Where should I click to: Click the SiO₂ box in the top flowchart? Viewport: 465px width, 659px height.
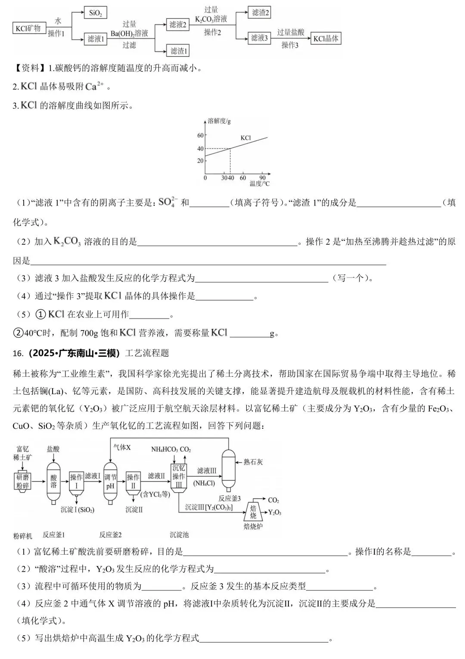[x=95, y=13]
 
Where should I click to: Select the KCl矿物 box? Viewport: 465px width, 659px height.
[x=28, y=28]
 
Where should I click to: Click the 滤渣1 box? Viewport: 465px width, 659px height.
[x=179, y=51]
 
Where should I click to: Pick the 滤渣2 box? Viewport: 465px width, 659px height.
[x=260, y=12]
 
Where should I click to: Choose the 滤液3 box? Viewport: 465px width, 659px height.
[x=259, y=38]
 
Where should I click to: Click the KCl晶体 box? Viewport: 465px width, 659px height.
[x=325, y=38]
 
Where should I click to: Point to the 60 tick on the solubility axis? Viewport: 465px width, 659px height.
[x=200, y=135]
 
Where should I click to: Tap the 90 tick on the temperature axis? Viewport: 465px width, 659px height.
[x=263, y=178]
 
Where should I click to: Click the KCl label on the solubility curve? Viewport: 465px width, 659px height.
[x=245, y=138]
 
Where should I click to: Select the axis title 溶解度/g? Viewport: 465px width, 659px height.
[x=219, y=121]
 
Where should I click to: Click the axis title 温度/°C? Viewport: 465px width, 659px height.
[x=260, y=184]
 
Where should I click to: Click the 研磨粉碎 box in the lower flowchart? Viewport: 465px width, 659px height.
[x=23, y=481]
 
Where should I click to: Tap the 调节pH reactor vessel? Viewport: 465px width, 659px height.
[x=111, y=481]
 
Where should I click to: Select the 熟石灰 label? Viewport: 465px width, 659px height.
[x=253, y=462]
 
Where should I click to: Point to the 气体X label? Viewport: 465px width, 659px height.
[x=122, y=447]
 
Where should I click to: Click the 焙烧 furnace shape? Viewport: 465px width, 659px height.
[x=253, y=512]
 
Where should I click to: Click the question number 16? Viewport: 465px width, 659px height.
[x=18, y=353]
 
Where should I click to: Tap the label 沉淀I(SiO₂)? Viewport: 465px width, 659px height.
[x=77, y=509]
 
